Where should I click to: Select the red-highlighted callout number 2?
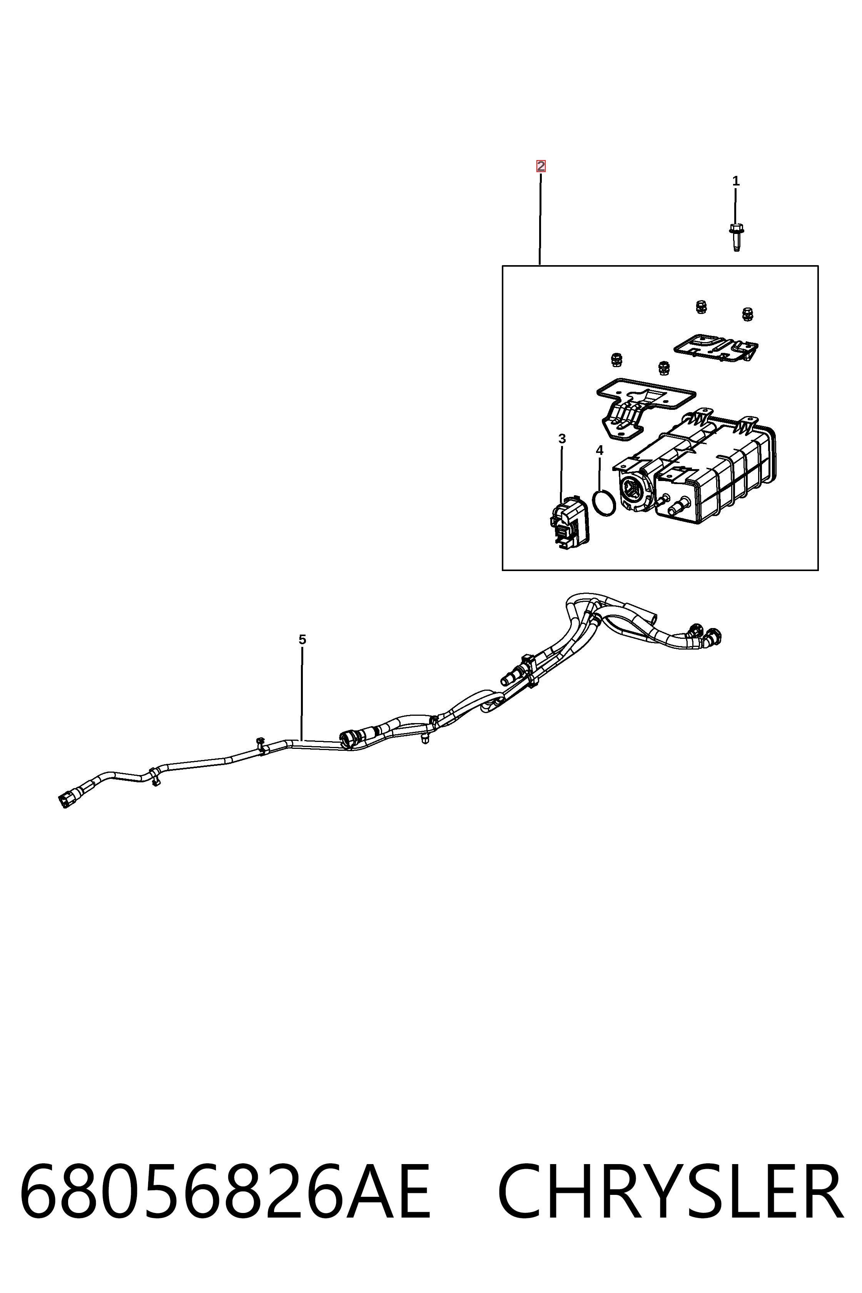[x=541, y=166]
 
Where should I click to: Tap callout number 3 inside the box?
[x=562, y=439]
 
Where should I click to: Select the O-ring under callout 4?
[x=604, y=503]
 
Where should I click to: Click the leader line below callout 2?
[x=540, y=219]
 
